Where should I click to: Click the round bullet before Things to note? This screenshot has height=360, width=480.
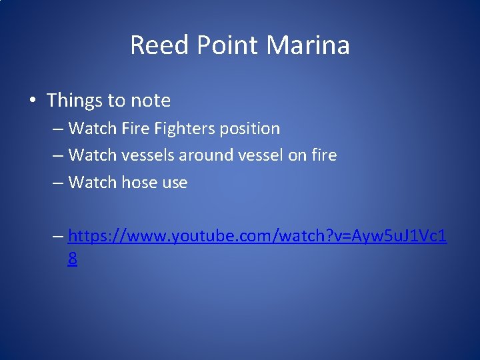coord(32,101)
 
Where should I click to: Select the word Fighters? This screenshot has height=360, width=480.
coord(187,128)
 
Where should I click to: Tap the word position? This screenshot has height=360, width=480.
coord(252,129)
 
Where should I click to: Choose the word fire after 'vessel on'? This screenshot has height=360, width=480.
coord(323,155)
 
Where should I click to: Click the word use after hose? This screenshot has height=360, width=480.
coord(175,182)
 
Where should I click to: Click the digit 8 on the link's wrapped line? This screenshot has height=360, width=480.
coord(72,259)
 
